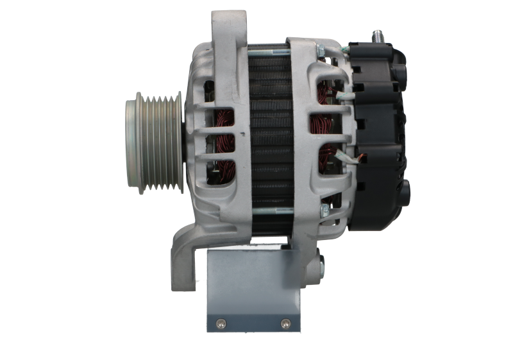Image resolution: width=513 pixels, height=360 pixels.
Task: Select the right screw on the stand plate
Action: click(286, 322)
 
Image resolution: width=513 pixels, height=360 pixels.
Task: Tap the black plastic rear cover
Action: click(378, 128)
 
